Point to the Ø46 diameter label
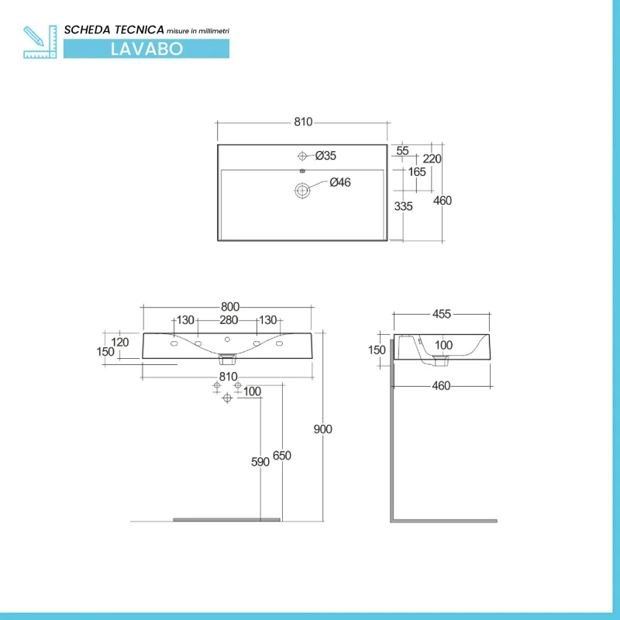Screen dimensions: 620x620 click(x=340, y=183)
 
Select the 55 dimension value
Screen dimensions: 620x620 click(x=402, y=151)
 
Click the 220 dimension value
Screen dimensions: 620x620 click(x=432, y=159)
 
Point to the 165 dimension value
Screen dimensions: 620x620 click(x=417, y=171)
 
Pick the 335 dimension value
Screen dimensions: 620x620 click(x=403, y=207)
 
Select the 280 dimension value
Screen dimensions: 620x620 click(x=228, y=320)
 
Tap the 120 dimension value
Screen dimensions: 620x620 click(x=119, y=342)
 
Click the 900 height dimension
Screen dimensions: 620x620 click(x=322, y=429)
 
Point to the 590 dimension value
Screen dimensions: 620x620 click(x=260, y=462)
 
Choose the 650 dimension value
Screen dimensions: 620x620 click(x=282, y=456)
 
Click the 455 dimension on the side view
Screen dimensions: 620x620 click(x=442, y=314)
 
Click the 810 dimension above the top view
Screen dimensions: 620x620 click(x=302, y=122)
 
